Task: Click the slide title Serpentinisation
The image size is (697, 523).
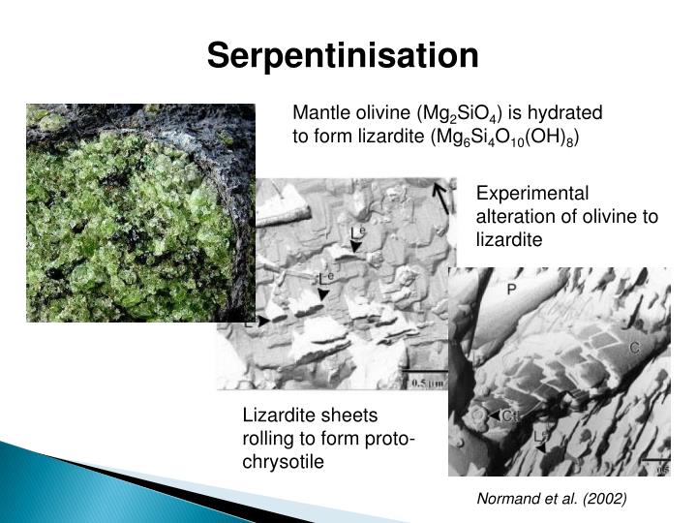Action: click(343, 55)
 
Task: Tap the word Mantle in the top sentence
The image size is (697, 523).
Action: click(319, 112)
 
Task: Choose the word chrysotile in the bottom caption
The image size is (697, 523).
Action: click(283, 462)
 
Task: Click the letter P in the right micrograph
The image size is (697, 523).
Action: click(511, 289)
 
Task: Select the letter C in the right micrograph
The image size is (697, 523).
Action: click(635, 347)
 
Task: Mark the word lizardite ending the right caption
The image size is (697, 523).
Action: click(508, 239)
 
